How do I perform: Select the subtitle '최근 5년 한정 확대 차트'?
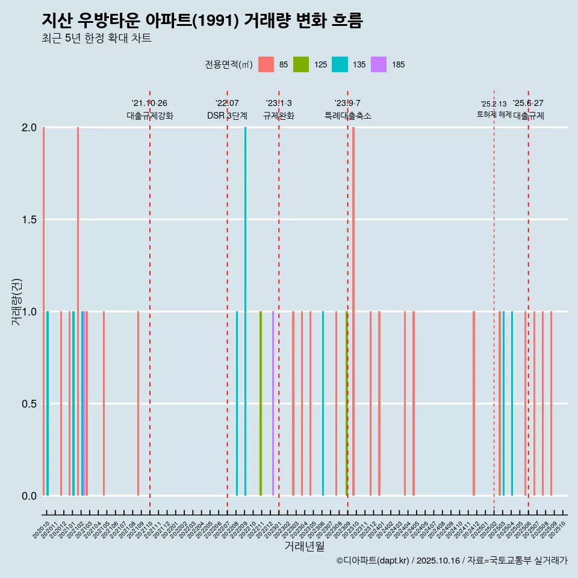96,39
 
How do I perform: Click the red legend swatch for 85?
266,64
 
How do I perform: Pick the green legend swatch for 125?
301,64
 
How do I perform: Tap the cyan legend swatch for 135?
340,64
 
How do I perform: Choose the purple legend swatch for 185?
379,64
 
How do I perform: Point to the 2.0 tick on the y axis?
30,128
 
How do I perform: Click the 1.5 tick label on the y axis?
30,220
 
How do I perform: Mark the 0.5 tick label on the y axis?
30,403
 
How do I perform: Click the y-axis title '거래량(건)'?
17,302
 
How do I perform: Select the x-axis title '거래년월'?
304,546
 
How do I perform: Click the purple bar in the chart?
273,403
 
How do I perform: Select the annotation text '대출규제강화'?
150,116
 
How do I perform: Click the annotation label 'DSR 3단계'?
227,116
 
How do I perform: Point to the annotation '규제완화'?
279,116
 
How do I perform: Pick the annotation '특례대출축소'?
348,116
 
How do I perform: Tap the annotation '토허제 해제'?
494,114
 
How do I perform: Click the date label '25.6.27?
528,103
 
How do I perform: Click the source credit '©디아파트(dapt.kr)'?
373,561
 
